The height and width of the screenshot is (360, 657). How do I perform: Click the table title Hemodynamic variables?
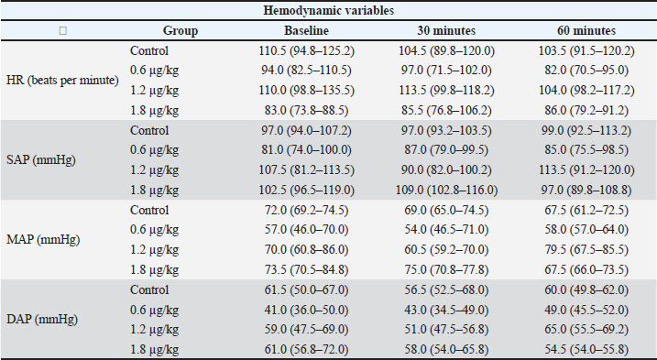click(x=328, y=10)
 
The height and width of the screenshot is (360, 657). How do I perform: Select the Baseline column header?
click(x=306, y=30)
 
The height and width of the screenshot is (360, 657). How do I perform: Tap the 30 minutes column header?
click(x=446, y=30)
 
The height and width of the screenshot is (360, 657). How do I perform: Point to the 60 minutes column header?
click(x=586, y=30)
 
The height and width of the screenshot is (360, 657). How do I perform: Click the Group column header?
click(x=181, y=31)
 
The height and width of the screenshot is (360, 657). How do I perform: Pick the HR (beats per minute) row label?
click(x=63, y=80)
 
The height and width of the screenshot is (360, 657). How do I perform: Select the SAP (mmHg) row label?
click(x=41, y=159)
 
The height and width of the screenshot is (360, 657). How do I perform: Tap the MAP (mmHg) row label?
click(x=43, y=240)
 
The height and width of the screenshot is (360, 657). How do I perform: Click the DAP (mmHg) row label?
click(x=42, y=320)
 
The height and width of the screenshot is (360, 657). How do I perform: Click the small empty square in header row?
click(x=63, y=30)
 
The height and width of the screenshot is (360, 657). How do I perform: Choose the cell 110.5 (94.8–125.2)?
click(x=306, y=51)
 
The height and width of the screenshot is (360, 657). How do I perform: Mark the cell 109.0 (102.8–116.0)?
click(x=446, y=191)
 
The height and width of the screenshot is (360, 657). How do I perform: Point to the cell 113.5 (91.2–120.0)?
click(x=586, y=170)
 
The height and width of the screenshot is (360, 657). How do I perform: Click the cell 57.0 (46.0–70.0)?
click(x=306, y=230)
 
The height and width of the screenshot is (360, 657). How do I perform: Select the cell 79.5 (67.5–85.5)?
click(x=586, y=250)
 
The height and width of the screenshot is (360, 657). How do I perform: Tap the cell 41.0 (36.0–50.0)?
click(x=306, y=310)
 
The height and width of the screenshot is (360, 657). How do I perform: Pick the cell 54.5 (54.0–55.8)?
click(x=586, y=350)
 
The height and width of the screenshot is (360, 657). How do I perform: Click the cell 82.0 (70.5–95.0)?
click(x=586, y=70)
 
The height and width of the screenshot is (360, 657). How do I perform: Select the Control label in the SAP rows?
click(x=149, y=130)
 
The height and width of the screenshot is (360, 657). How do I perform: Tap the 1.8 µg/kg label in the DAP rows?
click(x=154, y=350)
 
